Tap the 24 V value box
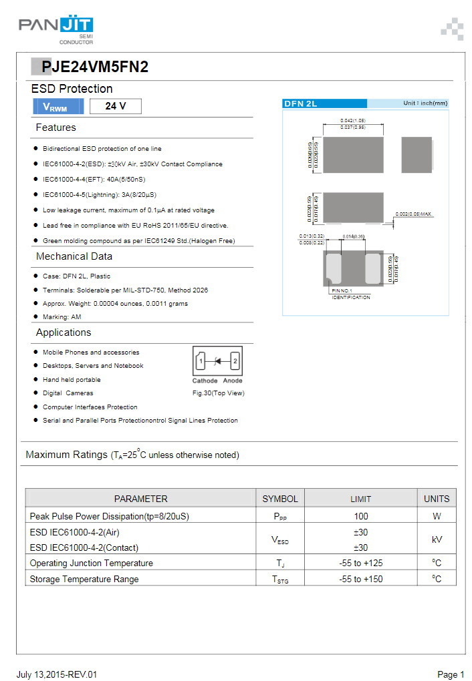point(115,106)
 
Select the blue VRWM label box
point(58,106)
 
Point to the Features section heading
point(56,128)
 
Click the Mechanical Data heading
point(74,256)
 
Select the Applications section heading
point(64,332)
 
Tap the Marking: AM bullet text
point(62,317)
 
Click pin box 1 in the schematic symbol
point(200,362)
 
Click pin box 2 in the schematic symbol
point(235,362)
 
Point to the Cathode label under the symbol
point(201,381)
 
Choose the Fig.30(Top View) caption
point(218,393)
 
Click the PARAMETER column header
point(140,499)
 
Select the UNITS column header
point(437,499)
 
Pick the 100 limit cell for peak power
point(361,516)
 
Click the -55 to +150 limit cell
point(361,579)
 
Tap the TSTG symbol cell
point(281,580)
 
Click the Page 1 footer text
point(451,674)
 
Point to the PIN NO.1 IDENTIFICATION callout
point(350,294)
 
